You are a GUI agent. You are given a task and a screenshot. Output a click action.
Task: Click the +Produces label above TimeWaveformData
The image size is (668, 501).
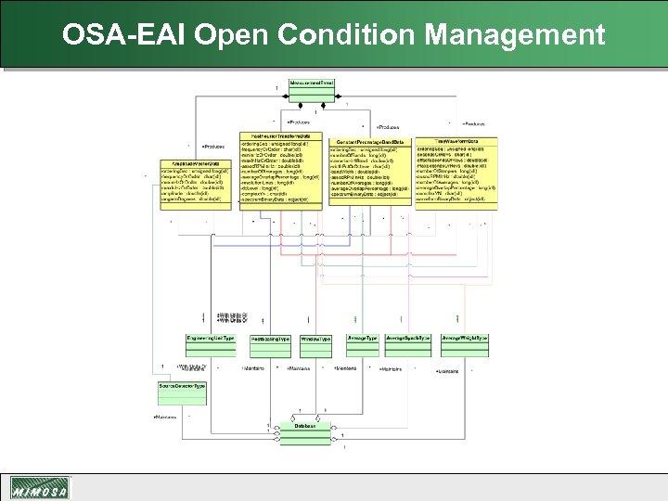coord(473,123)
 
